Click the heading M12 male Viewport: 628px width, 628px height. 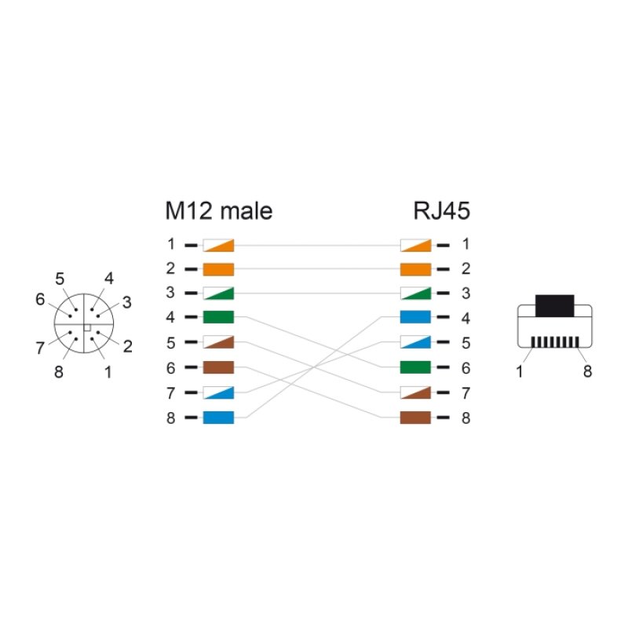[x=218, y=211]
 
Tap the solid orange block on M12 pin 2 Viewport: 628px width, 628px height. [x=218, y=269]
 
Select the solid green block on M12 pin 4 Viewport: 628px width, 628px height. [x=218, y=318]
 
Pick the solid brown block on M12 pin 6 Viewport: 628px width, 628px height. [x=218, y=367]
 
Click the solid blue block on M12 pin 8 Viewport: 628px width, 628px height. [x=218, y=417]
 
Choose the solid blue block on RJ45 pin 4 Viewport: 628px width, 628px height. [x=416, y=318]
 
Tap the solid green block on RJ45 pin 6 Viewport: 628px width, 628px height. [x=416, y=367]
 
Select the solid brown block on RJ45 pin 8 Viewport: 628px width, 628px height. [x=416, y=417]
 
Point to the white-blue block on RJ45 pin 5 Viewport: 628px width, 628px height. [x=416, y=342]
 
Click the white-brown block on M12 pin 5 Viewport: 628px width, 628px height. [x=218, y=342]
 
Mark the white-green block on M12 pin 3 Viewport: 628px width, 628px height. [x=218, y=294]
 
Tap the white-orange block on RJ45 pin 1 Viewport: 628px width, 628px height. [x=416, y=245]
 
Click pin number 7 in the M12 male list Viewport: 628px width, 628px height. [x=170, y=392]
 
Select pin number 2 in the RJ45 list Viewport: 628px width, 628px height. [x=466, y=269]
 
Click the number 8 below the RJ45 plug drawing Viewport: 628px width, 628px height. [x=587, y=371]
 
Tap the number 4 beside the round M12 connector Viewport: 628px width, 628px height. [x=108, y=278]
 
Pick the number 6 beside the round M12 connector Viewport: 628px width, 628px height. [x=41, y=299]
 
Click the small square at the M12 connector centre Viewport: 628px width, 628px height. [x=87, y=327]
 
